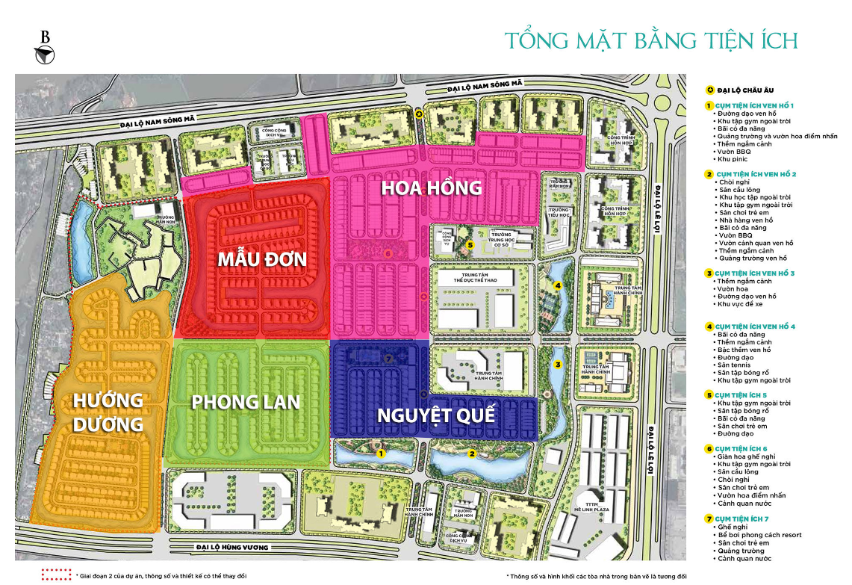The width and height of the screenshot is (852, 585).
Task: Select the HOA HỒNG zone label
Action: click(431, 188)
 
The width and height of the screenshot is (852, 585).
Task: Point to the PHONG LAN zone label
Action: click(245, 402)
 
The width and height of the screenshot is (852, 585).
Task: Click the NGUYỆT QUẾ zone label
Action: click(436, 415)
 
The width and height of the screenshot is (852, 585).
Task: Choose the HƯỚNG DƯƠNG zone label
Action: click(108, 412)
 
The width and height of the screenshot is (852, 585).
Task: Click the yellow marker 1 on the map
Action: click(380, 453)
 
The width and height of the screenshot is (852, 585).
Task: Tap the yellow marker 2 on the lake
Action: click(472, 453)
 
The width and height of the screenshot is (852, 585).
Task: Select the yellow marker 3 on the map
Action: click(557, 365)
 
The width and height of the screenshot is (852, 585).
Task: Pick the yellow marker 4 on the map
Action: click(557, 285)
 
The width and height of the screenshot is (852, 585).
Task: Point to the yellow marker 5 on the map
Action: click(470, 244)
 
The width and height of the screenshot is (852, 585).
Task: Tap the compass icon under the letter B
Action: click(46, 54)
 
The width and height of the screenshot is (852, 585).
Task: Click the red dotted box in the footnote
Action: click(56, 575)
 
